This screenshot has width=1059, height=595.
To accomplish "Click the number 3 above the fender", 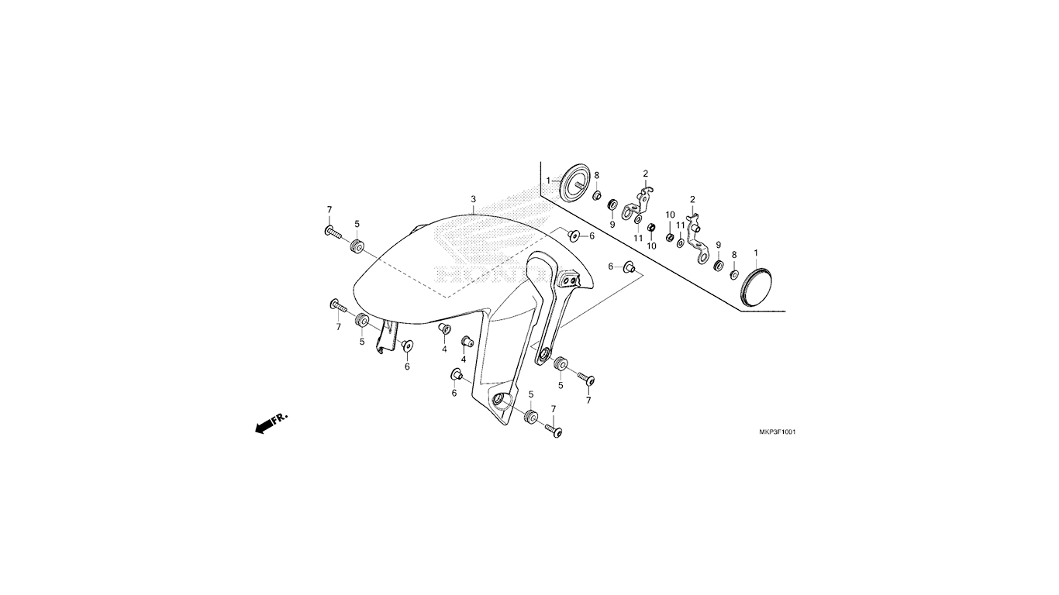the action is coord(473,199).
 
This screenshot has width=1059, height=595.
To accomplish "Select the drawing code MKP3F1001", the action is coord(778,432).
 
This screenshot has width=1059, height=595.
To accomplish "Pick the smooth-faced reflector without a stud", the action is coord(755,287).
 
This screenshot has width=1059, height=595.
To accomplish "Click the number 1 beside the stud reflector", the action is coord(548,181).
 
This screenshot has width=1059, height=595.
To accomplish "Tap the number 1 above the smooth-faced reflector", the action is coord(755,253).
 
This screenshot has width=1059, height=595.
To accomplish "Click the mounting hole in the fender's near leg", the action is coord(500,401).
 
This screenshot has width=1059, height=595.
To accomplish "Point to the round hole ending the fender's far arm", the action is coord(545,354).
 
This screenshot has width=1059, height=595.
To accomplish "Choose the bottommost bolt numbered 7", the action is coord(554,431).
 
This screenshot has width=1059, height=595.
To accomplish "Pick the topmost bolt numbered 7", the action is coord(333,232).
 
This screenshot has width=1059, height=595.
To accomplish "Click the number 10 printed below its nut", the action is coord(651,246).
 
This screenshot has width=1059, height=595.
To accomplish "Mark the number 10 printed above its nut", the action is coord(670,215).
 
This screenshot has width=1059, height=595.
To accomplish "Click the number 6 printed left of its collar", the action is coord(610,267).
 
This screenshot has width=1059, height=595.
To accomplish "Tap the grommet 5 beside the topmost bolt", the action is coord(357,246).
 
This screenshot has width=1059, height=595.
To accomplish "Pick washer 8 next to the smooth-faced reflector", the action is coord(733,274).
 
